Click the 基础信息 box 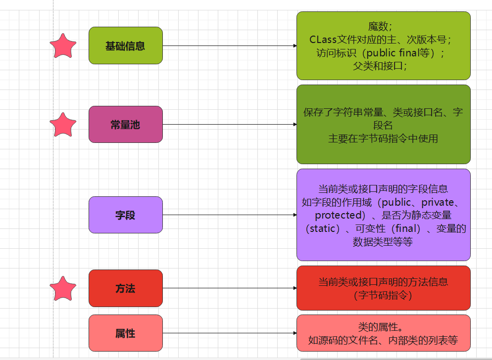click(126, 45)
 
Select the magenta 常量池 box click(126, 125)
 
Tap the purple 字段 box click(126, 215)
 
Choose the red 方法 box click(126, 288)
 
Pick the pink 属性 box click(126, 333)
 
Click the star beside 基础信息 click(63, 46)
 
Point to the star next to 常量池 click(63, 125)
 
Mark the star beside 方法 click(63, 289)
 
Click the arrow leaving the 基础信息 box click(230, 46)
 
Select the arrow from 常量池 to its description click(230, 125)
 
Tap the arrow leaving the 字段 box click(230, 215)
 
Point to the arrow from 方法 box click(230, 288)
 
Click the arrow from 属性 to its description click(230, 333)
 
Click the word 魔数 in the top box click(378, 26)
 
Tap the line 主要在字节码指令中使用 click(383, 138)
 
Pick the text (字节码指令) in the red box click(383, 295)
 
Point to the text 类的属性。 click(381, 327)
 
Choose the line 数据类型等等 click(383, 242)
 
